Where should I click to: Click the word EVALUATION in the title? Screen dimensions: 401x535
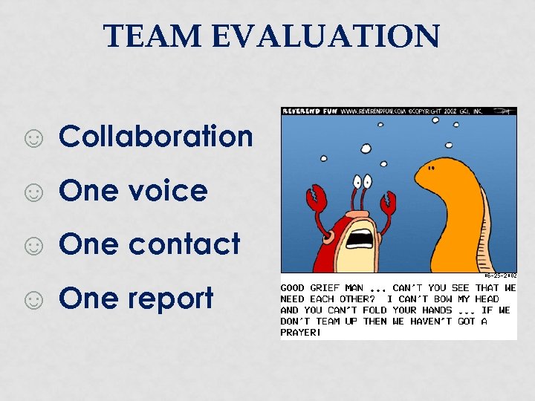pyautogui.click(x=322, y=36)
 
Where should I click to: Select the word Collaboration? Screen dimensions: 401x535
pyautogui.click(x=156, y=137)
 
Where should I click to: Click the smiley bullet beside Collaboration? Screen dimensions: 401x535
pyautogui.click(x=33, y=139)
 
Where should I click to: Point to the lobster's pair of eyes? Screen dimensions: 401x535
pyautogui.click(x=362, y=181)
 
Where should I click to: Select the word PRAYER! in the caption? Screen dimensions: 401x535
pyautogui.click(x=301, y=333)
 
